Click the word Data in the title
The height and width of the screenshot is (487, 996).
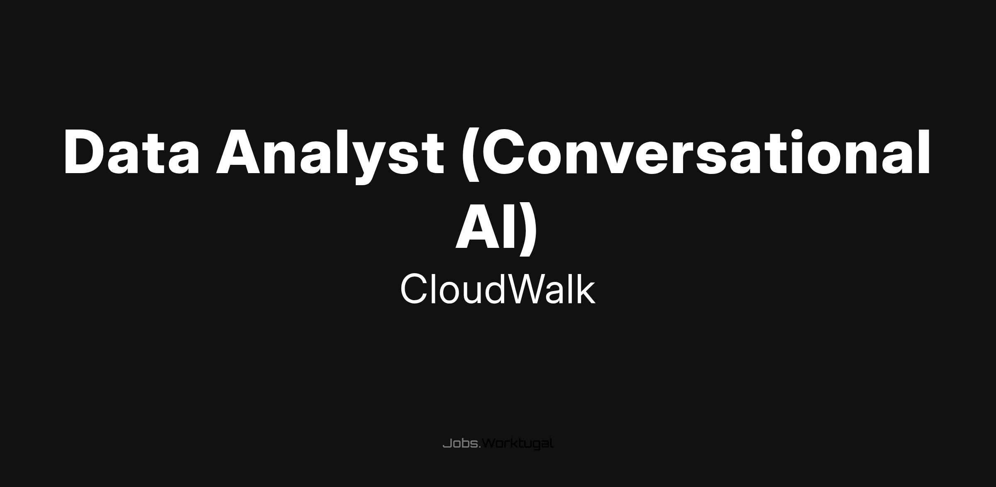(x=132, y=152)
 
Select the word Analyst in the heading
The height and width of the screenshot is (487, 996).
(x=330, y=156)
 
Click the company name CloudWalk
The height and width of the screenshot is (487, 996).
(x=498, y=289)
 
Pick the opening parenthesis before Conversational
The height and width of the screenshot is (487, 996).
(x=471, y=154)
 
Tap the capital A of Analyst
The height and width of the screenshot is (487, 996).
(x=239, y=152)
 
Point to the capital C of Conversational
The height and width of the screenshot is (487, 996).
(x=503, y=152)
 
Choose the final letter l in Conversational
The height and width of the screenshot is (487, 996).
(x=925, y=151)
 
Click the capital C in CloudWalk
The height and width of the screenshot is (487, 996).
(x=414, y=289)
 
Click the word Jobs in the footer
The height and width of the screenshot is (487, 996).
(x=461, y=443)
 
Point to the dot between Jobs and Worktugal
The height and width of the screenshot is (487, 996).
(x=480, y=448)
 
